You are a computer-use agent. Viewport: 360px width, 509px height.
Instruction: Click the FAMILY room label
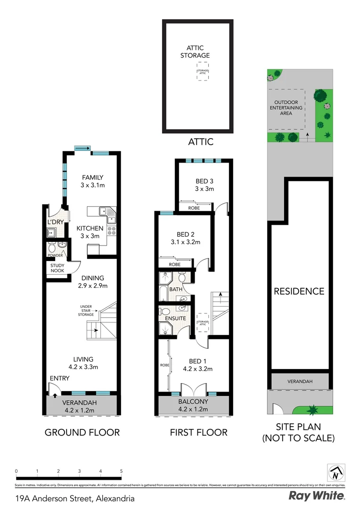pyautogui.click(x=92, y=177)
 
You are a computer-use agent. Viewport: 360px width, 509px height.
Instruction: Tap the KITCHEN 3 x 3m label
pyautogui.click(x=90, y=232)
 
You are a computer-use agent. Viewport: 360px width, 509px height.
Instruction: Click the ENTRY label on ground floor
pyautogui.click(x=59, y=378)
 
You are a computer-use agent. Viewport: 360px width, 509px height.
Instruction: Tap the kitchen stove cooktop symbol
pyautogui.click(x=112, y=231)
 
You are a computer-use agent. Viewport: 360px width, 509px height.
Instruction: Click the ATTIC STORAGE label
pyautogui.click(x=198, y=52)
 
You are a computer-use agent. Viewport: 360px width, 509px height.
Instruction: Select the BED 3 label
pyautogui.click(x=205, y=181)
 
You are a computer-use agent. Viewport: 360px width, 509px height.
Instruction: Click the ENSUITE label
pyautogui.click(x=175, y=319)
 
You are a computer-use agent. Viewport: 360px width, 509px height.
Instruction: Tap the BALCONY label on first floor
pyautogui.click(x=194, y=402)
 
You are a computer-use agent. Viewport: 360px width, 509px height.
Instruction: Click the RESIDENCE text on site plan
pyautogui.click(x=299, y=291)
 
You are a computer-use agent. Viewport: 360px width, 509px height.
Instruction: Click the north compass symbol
pyautogui.click(x=336, y=472)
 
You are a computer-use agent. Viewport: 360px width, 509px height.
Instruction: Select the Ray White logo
pyautogui.click(x=317, y=496)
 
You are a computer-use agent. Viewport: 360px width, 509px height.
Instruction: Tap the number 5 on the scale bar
pyautogui.click(x=122, y=471)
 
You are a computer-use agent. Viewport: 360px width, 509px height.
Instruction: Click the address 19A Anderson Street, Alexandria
pyautogui.click(x=75, y=498)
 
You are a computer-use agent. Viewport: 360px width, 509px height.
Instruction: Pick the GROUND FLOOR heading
pyautogui.click(x=82, y=432)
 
